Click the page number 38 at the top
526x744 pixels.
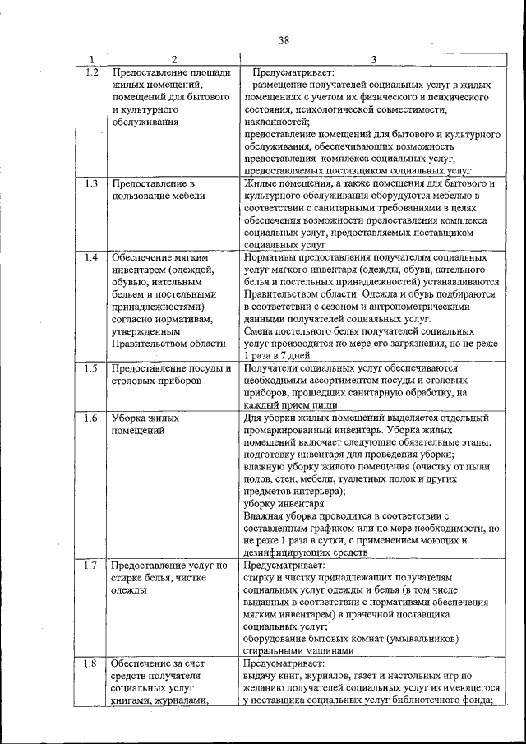tap(284, 39)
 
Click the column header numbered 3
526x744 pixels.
tap(373, 59)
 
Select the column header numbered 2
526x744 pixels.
tap(173, 59)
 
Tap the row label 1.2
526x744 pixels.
tap(92, 72)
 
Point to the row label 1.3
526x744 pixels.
tap(92, 183)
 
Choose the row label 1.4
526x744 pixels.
tap(92, 257)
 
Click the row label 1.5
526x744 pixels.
tap(92, 367)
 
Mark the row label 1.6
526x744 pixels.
tap(92, 418)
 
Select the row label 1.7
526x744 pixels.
tap(92, 566)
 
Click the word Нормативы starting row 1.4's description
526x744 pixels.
tap(272, 257)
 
